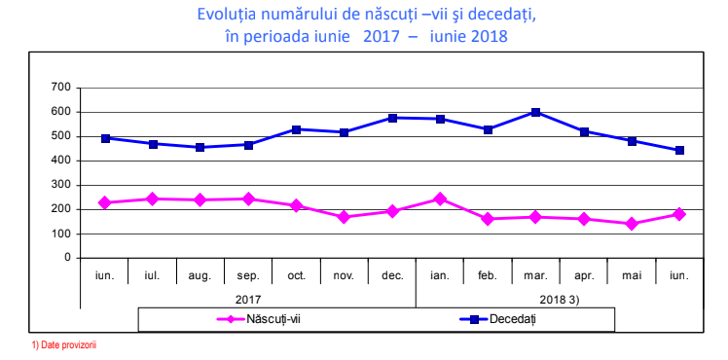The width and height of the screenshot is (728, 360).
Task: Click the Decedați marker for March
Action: point(536,112)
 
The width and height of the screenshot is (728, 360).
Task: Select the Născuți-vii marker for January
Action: point(440,198)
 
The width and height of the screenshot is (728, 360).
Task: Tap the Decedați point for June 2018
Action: point(679,150)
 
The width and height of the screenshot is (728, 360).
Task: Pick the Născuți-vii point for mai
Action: point(632,224)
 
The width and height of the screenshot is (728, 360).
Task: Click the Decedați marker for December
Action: point(392,118)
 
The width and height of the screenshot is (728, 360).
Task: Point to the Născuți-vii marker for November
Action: point(344,217)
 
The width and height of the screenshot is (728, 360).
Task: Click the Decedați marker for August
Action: point(200,147)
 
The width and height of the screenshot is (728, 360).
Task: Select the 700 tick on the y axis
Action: point(61,88)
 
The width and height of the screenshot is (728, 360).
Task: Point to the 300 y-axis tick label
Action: point(61,185)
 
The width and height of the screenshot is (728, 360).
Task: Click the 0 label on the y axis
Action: point(68,258)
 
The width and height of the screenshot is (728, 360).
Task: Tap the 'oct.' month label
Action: point(296,275)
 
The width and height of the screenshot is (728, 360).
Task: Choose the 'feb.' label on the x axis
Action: point(488,275)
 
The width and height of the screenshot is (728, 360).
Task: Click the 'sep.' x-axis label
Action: point(248,275)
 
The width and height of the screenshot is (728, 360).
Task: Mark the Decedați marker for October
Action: point(296,129)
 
